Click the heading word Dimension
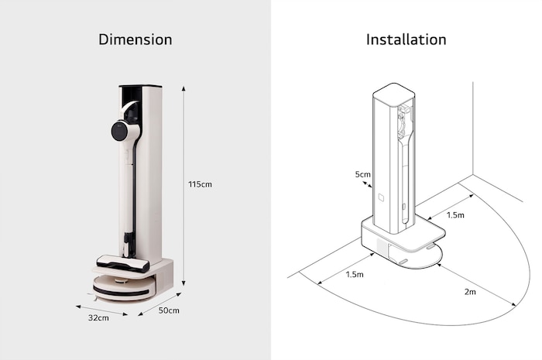[x=135, y=39]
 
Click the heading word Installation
[x=406, y=39]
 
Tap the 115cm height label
[x=200, y=184]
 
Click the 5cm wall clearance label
[x=362, y=175]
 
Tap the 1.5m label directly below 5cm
[x=355, y=274]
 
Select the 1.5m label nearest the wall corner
[x=455, y=214]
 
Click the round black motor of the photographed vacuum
[x=119, y=131]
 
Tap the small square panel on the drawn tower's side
[x=381, y=198]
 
